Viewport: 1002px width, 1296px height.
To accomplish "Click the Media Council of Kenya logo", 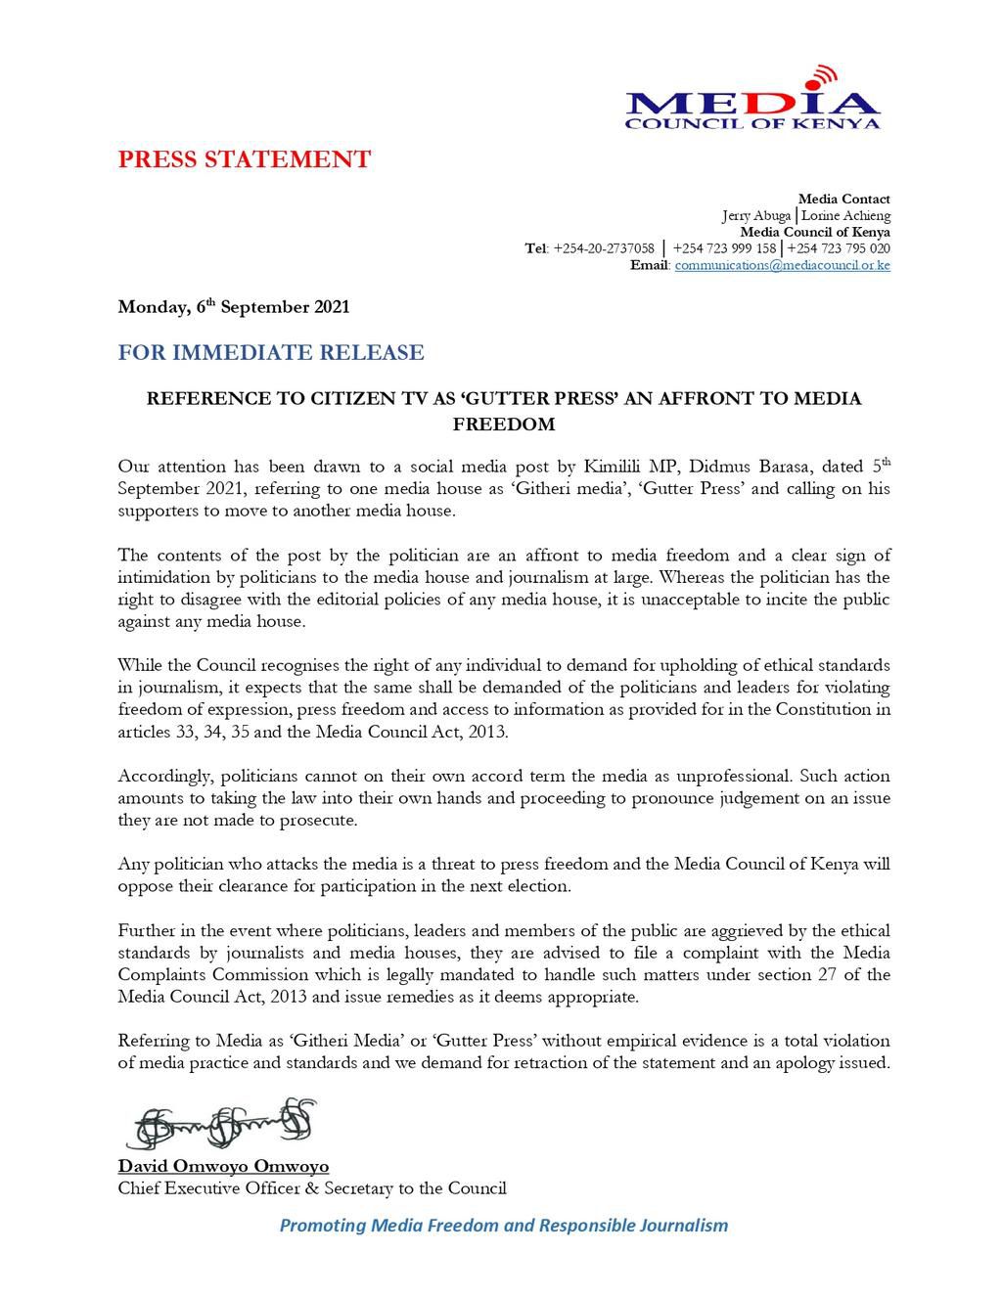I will tap(752, 99).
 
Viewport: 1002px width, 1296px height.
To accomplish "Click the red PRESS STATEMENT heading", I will tap(245, 159).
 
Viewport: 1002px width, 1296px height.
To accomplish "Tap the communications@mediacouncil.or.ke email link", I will tap(782, 265).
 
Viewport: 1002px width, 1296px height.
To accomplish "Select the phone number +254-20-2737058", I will tap(604, 248).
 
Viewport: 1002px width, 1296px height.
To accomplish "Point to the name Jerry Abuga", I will tap(756, 215).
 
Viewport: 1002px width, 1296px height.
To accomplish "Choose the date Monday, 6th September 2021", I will tap(233, 307).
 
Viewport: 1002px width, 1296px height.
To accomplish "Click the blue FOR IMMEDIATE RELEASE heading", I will tap(271, 352).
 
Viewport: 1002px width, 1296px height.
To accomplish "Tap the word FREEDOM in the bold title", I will tap(504, 425).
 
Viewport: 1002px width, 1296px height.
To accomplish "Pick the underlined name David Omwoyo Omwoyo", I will tap(223, 1166).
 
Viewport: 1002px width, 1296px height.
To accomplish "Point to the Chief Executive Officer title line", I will tap(312, 1188).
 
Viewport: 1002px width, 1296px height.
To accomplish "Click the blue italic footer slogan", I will tap(504, 1225).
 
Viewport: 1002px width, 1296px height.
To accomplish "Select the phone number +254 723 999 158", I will tap(724, 248).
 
